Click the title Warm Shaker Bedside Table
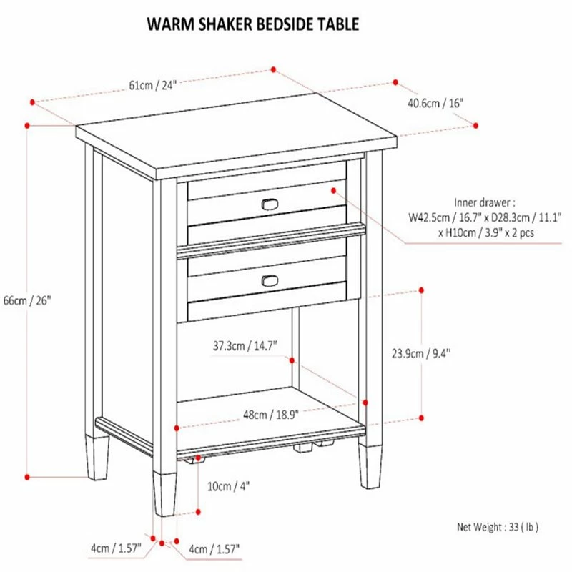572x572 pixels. (253, 24)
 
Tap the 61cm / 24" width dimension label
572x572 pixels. (152, 85)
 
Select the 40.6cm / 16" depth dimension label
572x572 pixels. (435, 103)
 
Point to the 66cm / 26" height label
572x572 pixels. (27, 300)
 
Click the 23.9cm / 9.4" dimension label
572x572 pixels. (421, 353)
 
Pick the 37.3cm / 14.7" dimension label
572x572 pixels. (245, 345)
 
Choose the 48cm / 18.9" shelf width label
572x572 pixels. (271, 415)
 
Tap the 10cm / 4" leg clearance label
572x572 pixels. (228, 486)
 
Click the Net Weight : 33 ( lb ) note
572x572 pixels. (498, 527)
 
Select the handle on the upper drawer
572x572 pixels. (270, 204)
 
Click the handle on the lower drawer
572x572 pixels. (270, 281)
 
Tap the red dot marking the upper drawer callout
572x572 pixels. (333, 190)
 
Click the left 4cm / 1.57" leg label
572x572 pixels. (116, 548)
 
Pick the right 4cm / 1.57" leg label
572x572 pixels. (214, 548)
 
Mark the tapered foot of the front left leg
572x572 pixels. (164, 494)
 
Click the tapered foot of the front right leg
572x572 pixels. (370, 466)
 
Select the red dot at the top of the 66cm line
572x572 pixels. (27, 126)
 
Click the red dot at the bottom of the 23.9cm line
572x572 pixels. (421, 418)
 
